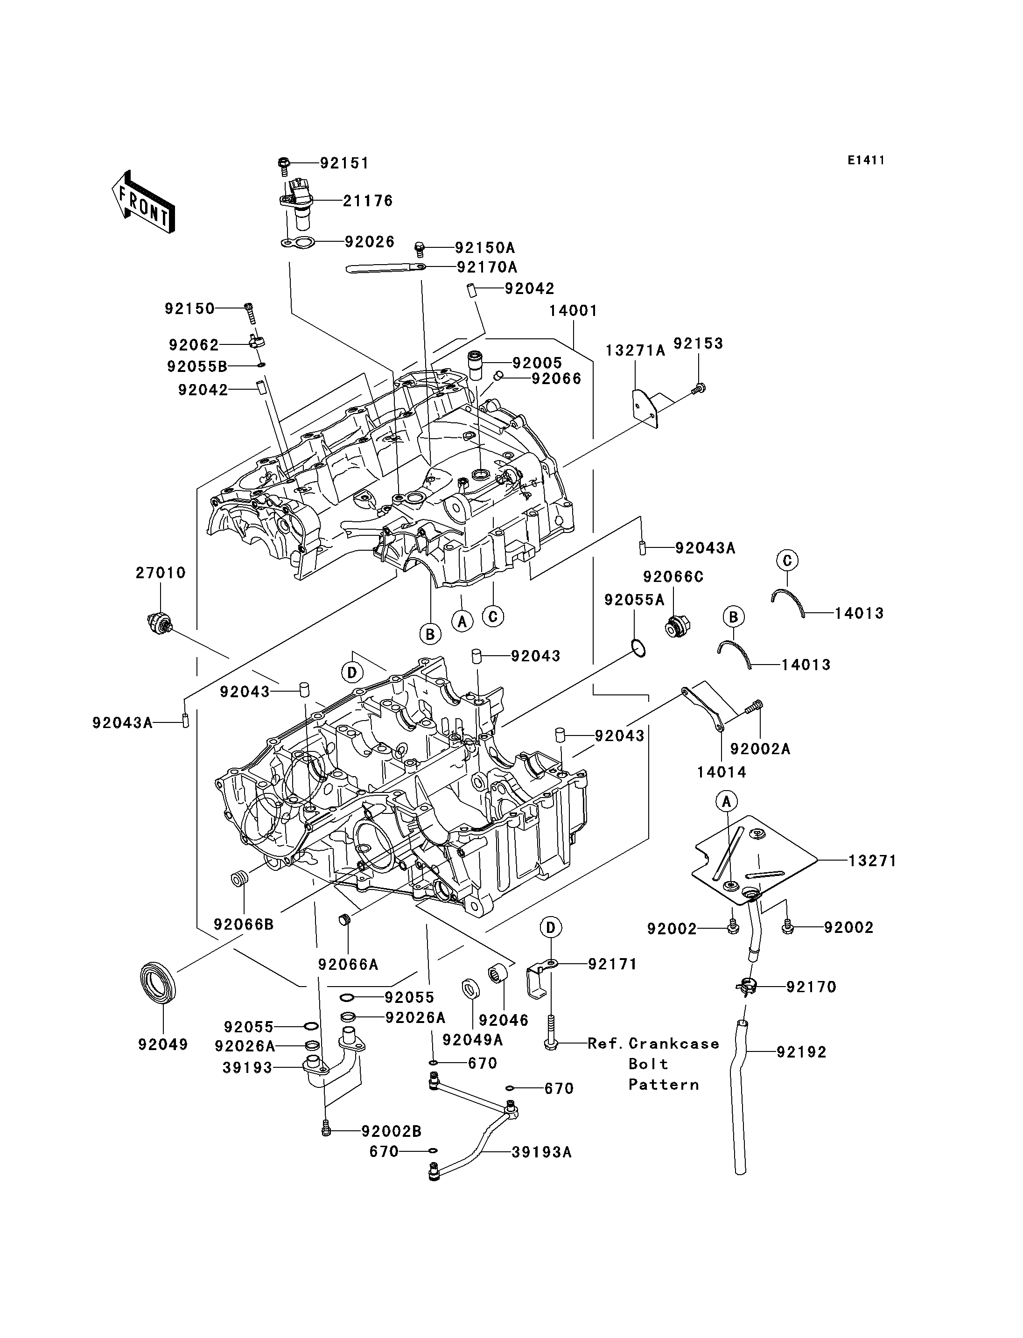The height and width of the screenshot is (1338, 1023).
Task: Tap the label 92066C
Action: click(x=673, y=577)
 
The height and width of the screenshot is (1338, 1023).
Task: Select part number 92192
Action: click(x=801, y=1052)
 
